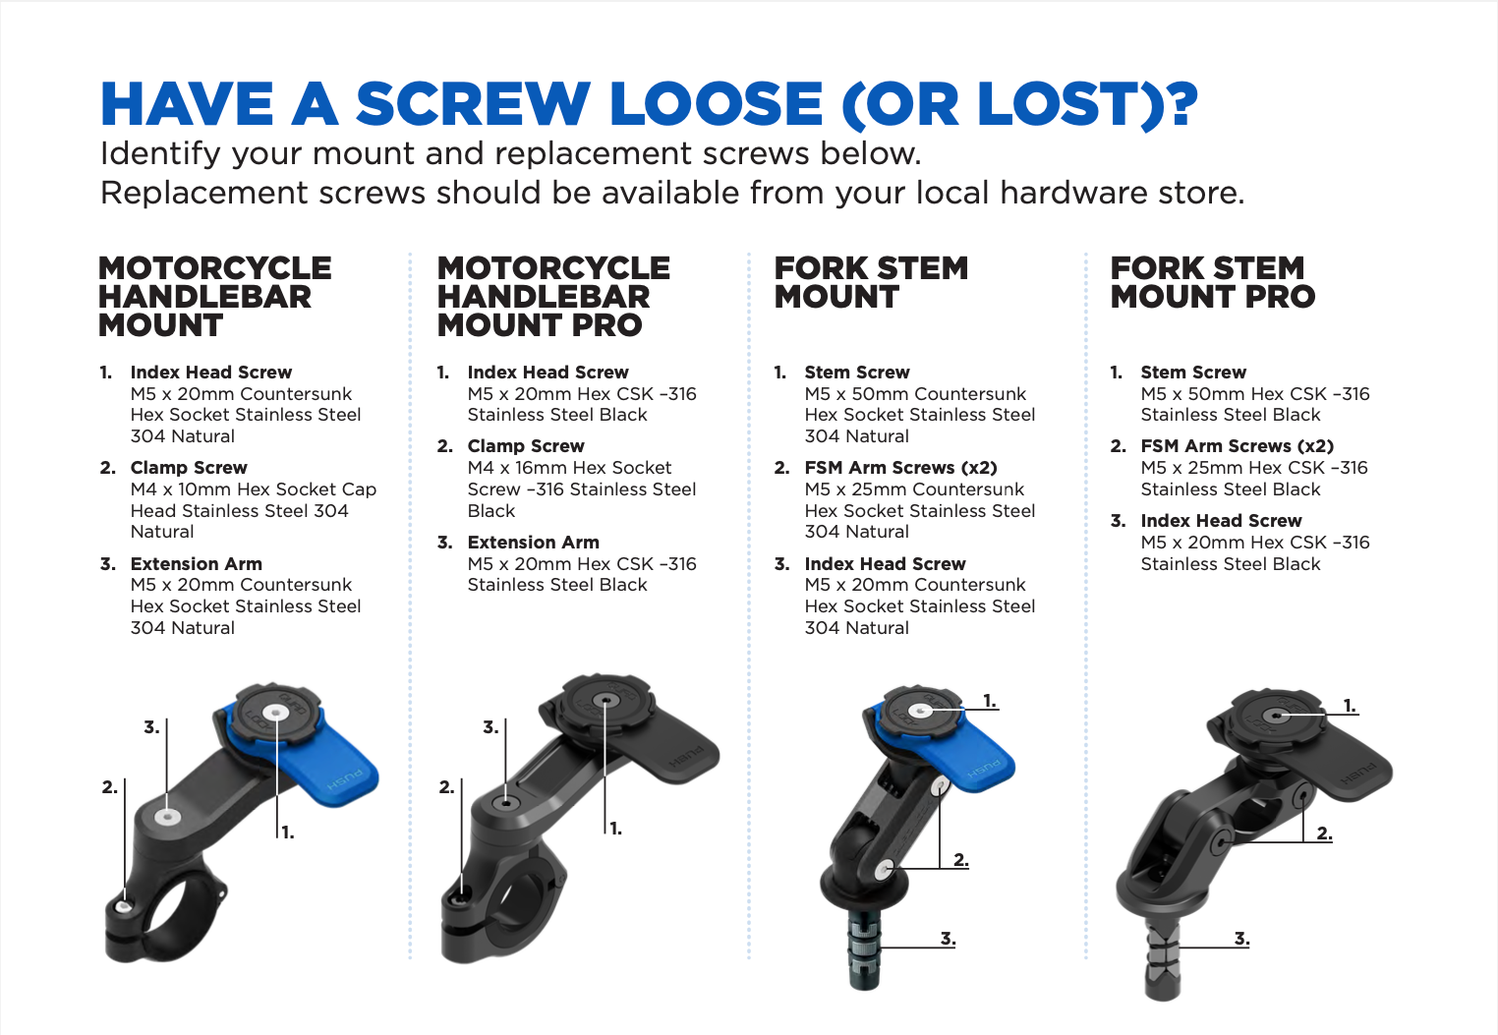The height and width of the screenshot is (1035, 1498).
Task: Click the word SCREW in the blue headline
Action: pos(473,103)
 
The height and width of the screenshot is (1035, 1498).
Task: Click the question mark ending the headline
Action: pos(1181,103)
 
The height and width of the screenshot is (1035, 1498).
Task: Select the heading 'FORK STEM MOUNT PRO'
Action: pos(1212,282)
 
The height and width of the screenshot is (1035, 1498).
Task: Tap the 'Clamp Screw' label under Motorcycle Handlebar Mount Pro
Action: pos(526,446)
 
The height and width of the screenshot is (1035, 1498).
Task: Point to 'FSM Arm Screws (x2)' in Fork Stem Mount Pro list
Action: pos(1238,446)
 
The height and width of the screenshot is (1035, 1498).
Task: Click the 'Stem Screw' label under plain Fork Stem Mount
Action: pos(857,373)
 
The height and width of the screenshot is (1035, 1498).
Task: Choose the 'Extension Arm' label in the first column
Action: pos(196,563)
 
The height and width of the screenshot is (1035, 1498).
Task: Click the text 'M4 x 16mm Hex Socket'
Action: pos(569,468)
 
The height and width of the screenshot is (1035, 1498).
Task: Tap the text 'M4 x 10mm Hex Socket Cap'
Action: pos(254,489)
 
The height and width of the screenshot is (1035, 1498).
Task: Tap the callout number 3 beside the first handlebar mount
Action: pos(151,727)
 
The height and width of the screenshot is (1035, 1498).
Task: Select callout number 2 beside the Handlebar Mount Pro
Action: pos(446,787)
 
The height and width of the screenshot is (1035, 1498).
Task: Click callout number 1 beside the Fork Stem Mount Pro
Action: pos(1351,706)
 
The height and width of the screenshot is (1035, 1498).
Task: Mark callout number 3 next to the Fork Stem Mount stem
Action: pos(948,939)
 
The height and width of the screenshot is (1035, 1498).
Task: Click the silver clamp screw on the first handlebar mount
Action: pos(124,906)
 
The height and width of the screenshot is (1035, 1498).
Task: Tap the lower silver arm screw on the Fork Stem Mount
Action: pos(885,870)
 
